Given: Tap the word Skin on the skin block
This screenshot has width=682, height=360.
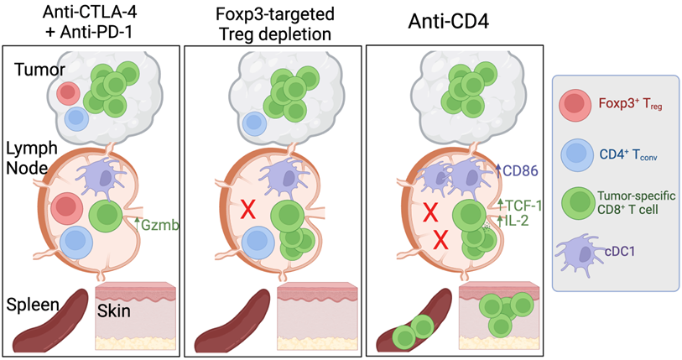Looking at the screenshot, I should [112, 310].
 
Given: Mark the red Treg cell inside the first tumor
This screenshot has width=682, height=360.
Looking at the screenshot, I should [69, 91].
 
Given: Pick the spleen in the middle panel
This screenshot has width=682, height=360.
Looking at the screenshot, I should [232, 322].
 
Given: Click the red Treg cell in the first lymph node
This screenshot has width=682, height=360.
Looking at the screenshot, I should [65, 208].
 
